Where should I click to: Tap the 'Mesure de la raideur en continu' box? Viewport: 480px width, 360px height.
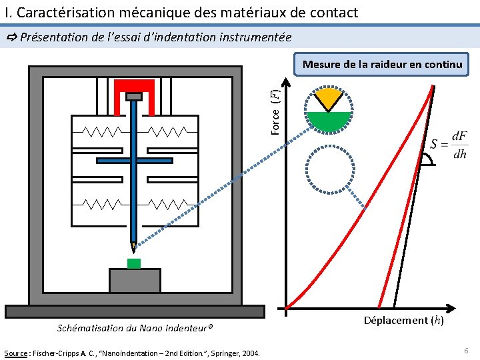point(381,65)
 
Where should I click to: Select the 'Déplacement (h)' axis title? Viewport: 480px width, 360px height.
point(404,321)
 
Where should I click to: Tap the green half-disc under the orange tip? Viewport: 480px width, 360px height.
point(329,121)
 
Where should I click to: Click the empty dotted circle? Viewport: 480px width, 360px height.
point(329,169)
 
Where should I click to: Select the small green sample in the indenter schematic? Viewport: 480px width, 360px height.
point(134,263)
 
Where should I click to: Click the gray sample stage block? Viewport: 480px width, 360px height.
point(135,281)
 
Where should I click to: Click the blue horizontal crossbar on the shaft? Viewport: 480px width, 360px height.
point(135,160)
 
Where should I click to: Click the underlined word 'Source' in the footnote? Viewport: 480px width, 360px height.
point(15,352)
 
